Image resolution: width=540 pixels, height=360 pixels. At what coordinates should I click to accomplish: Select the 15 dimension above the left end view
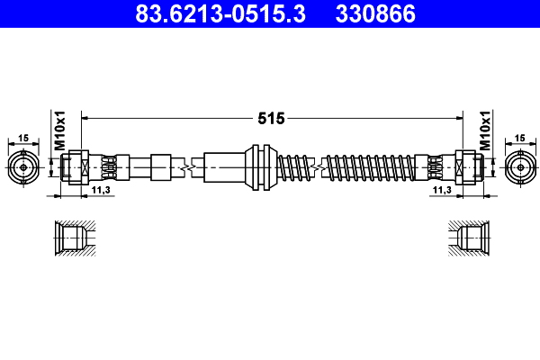coord(23,138)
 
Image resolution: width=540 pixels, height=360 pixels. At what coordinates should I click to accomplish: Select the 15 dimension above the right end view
coord(519,138)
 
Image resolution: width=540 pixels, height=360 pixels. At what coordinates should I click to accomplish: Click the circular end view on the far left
coord(23,166)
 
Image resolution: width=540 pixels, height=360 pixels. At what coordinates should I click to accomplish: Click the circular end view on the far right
coord(519,166)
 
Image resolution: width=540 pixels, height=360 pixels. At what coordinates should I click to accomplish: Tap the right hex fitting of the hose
coord(466,166)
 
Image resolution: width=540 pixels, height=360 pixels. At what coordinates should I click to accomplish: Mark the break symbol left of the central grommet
coord(189,166)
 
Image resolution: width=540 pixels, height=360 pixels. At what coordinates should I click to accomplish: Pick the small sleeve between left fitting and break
coord(160,166)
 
